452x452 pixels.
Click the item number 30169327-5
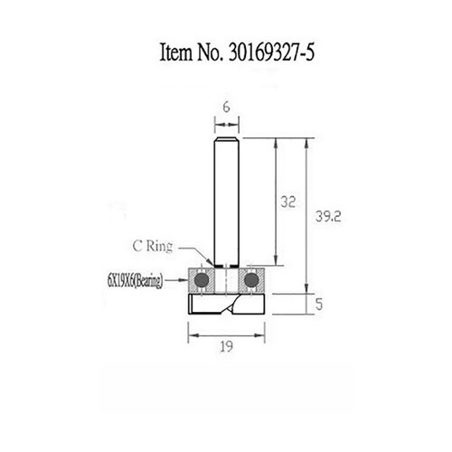coord(271,52)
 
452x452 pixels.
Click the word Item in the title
coord(176,52)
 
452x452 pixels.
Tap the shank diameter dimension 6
coord(226,108)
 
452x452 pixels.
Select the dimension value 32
coord(288,202)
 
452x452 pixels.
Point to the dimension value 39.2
coord(328,216)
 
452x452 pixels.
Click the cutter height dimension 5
coord(319,305)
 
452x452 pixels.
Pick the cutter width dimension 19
coord(226,347)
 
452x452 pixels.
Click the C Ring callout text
coord(153,246)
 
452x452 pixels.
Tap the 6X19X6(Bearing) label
coord(135,281)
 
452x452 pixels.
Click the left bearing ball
coord(202,280)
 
